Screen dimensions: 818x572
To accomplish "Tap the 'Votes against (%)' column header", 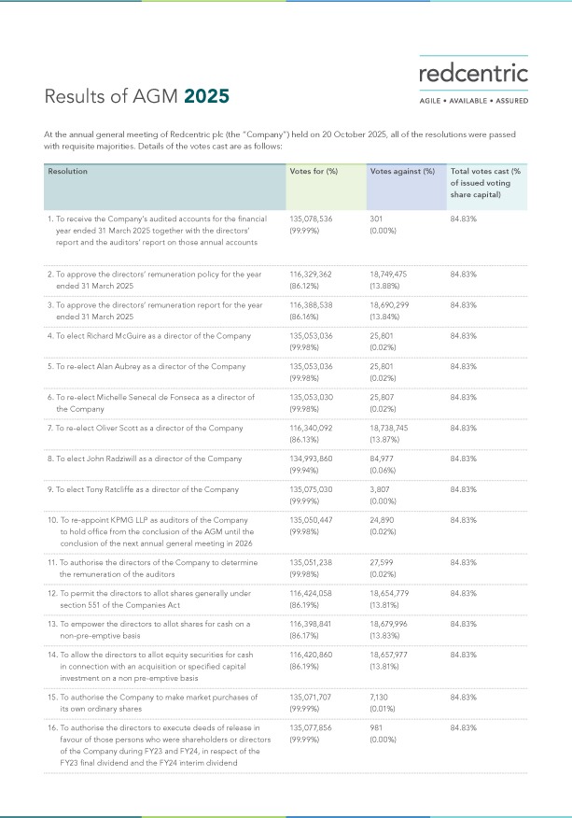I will (x=402, y=172).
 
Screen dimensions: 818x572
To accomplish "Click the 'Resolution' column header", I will (x=68, y=172).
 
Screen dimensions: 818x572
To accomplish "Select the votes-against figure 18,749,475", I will (x=395, y=275).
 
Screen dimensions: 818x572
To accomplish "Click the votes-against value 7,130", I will (x=383, y=697).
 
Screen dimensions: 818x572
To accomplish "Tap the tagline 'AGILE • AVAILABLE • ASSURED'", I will (x=473, y=100).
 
